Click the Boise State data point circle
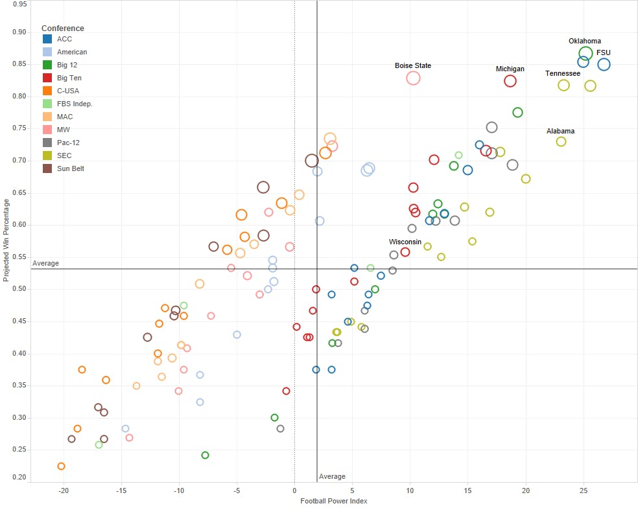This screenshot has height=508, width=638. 413,78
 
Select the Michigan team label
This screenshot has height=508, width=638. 510,69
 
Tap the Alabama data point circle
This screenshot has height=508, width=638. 561,141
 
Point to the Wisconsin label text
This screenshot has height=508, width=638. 405,242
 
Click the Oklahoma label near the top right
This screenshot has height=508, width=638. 584,41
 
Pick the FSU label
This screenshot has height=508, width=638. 604,53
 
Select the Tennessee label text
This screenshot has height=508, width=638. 562,74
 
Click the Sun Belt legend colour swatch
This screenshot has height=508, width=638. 47,168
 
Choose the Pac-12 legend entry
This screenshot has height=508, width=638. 68,143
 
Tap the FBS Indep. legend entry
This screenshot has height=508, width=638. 75,104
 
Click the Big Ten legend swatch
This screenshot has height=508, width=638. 47,78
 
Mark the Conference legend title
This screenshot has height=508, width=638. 62,29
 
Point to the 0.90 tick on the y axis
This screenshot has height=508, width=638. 20,32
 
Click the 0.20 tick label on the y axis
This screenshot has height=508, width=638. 20,478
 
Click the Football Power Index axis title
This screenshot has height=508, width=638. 333,501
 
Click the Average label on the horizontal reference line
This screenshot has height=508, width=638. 45,264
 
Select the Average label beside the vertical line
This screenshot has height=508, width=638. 332,477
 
